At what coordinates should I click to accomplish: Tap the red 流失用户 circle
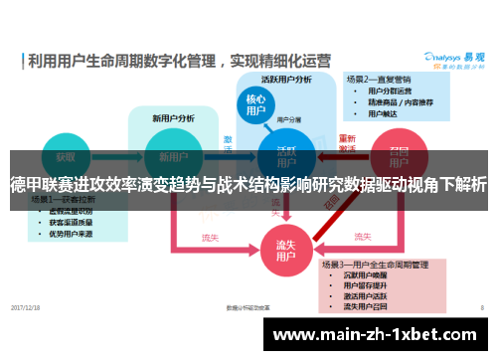285,248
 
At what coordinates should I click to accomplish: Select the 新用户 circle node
166,157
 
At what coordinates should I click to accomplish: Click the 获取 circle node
65,157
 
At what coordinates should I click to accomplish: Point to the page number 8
481,308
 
